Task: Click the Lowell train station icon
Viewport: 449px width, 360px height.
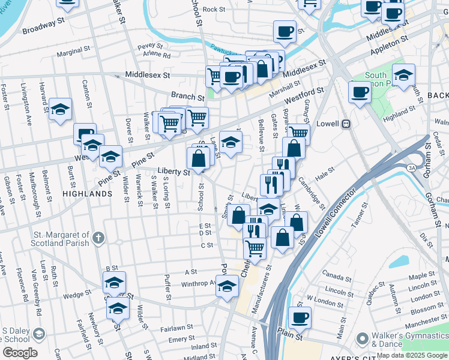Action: [x=346, y=124]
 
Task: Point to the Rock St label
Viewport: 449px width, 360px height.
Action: [x=214, y=10]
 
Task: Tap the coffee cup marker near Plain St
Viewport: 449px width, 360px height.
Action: [x=300, y=317]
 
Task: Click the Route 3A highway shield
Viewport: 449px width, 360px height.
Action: [x=412, y=168]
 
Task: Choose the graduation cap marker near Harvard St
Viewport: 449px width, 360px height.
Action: [x=60, y=110]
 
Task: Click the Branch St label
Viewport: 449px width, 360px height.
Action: [x=187, y=96]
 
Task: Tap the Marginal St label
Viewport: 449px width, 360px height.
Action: [x=73, y=53]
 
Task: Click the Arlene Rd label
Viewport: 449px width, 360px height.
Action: [x=157, y=55]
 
